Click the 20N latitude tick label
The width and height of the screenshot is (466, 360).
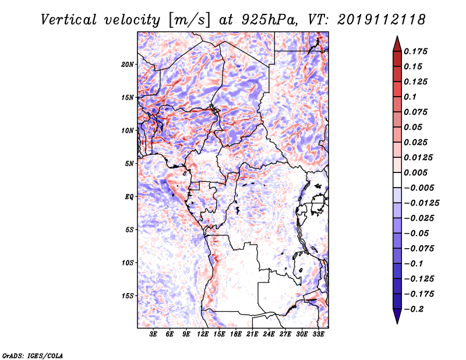click(127, 65)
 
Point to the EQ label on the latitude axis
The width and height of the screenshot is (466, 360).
click(129, 197)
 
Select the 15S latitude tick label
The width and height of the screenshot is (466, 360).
click(127, 296)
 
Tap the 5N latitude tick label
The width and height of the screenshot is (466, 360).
click(129, 164)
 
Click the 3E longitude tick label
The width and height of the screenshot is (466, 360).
click(153, 334)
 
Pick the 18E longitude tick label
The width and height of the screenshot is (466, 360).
click(236, 334)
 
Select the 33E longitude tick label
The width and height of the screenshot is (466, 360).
click(318, 334)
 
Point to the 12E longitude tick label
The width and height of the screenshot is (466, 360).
click(203, 334)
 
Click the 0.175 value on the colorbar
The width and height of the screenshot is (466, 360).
click(415, 51)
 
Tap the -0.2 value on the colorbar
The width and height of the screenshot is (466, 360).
click(414, 309)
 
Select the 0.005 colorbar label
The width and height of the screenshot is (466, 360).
click(415, 172)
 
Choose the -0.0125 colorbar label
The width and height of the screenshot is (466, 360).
click(421, 203)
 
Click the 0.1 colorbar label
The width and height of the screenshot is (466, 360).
click(410, 97)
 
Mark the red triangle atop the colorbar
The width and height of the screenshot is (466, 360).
click(397, 44)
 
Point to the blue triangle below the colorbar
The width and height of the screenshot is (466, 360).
click(397, 316)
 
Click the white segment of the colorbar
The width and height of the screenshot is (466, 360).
click(397, 180)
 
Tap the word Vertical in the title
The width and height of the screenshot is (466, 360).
click(69, 20)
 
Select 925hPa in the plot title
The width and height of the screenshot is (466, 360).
click(269, 20)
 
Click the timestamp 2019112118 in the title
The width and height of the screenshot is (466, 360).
click(382, 20)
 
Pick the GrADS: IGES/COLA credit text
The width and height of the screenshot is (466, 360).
click(33, 355)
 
